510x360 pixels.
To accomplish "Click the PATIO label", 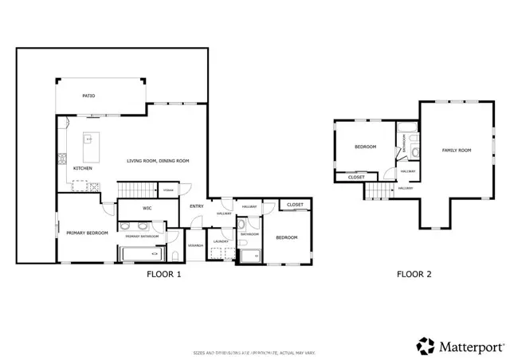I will coord(88,96).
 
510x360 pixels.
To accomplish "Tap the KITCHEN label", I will coord(83,169).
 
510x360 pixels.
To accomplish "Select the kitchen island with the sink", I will coord(88,146).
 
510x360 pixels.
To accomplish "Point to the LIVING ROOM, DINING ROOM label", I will coord(158,162).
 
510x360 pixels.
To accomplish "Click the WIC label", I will coord(147,209).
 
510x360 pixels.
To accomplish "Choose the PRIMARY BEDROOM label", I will coord(87,233).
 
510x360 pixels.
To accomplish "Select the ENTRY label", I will coord(196,207).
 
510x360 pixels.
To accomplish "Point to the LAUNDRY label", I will coord(222,241).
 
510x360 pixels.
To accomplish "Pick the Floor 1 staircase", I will coord(135,190).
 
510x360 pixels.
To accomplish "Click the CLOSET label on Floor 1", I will coord(295,205).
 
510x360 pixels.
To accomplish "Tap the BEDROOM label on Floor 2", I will coord(365,147).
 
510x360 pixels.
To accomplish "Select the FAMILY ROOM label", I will coord(457,151).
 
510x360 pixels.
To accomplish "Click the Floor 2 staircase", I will coord(380,191).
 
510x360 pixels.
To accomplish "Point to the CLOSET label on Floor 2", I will coord(356,177).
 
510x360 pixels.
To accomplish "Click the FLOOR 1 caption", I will coord(164,275).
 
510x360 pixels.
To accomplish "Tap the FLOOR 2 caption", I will coord(414,275).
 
